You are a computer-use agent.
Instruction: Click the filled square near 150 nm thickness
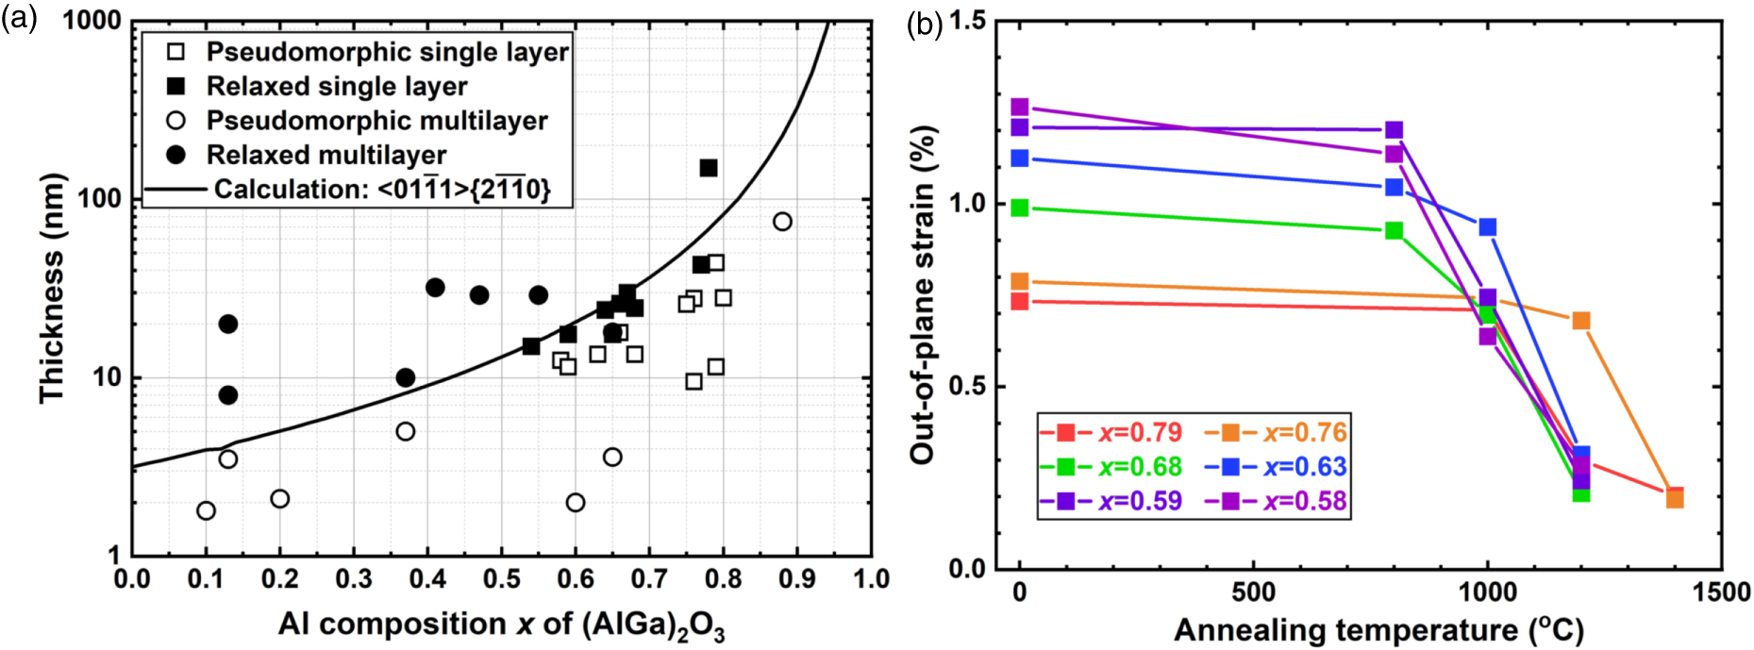[x=709, y=168]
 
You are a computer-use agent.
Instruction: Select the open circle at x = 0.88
[x=782, y=222]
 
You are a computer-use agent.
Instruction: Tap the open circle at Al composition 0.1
[x=206, y=510]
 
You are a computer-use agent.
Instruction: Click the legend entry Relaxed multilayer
[x=326, y=155]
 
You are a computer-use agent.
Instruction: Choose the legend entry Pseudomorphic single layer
[x=387, y=52]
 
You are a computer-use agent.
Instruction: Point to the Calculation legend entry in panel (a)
[x=381, y=190]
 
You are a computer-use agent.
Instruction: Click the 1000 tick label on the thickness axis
[x=92, y=21]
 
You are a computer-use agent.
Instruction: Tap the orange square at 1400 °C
[x=1675, y=498]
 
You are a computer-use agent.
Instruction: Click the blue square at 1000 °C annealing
[x=1488, y=227]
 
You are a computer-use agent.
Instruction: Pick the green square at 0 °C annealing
[x=1020, y=208]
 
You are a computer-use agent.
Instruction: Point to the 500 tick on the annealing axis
[x=1253, y=592]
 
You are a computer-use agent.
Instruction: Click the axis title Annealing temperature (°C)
[x=1378, y=629]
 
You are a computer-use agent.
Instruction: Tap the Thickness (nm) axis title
[x=51, y=288]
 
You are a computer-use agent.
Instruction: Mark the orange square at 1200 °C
[x=1581, y=322]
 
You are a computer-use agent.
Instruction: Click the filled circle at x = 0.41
[x=435, y=288]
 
